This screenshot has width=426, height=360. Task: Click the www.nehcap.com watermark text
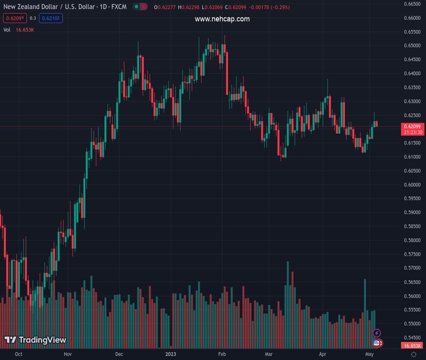(222, 19)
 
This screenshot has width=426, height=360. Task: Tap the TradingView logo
(35, 340)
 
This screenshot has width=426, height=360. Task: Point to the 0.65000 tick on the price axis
(412, 46)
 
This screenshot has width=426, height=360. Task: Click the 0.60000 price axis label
(412, 185)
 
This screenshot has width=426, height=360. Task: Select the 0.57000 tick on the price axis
(412, 268)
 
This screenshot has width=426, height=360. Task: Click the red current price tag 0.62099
(412, 126)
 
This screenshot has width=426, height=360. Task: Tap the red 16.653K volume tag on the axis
(412, 346)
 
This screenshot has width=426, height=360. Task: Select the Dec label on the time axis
(119, 355)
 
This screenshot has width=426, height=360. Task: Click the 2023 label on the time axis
(171, 355)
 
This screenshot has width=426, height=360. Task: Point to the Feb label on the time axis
(221, 355)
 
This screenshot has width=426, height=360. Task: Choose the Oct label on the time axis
(19, 355)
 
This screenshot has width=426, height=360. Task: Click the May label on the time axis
(370, 355)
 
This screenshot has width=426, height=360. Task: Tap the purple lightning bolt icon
(377, 333)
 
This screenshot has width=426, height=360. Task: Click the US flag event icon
(377, 343)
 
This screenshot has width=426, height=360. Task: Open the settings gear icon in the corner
(414, 355)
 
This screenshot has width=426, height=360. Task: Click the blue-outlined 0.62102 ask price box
(53, 18)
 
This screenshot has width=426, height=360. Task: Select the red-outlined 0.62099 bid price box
(13, 18)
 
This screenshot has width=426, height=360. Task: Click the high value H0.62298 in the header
(190, 7)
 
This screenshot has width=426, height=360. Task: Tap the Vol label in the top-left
(7, 29)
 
